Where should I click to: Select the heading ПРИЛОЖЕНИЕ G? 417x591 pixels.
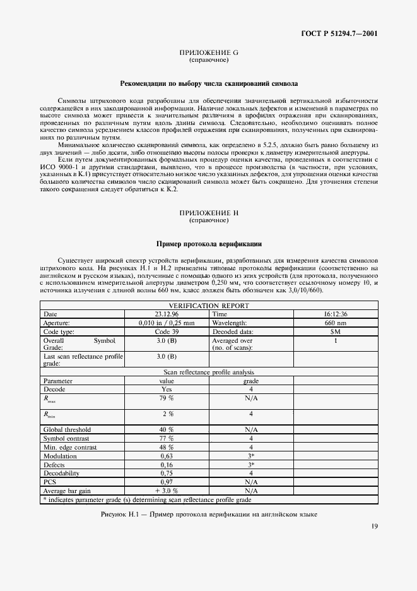pos(209,53)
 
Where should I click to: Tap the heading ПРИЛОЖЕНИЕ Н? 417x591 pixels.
pos(209,213)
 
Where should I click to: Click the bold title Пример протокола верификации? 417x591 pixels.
pos(209,243)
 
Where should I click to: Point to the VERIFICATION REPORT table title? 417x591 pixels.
pos(209,306)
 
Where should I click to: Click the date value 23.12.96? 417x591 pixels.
pos(167,314)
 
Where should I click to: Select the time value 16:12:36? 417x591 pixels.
pos(336,314)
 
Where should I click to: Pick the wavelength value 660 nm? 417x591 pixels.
pos(336,322)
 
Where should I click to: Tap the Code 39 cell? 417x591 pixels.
pos(167,331)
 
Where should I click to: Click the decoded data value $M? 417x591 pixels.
pos(336,331)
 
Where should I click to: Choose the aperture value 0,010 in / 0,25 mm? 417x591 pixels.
pos(167,322)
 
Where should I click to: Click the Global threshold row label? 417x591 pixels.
pos(66,429)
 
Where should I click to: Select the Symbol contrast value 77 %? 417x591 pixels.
pos(167,438)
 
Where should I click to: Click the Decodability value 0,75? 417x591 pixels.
pos(167,472)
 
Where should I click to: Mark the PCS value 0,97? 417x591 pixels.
pos(167,481)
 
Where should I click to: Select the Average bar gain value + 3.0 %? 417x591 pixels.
pos(167,490)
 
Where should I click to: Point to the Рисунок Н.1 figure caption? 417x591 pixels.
pos(209,514)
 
